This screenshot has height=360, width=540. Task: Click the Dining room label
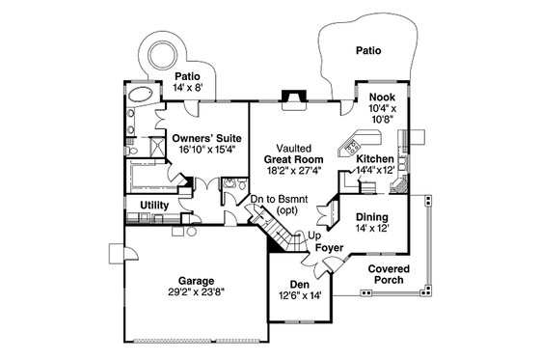tap(371, 218)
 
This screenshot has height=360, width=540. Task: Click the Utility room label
tap(155, 207)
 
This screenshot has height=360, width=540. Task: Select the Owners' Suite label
tap(201, 138)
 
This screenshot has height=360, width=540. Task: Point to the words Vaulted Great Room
tap(288, 151)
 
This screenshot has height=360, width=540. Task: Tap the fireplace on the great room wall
tap(288, 96)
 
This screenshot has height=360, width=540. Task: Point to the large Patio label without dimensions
tap(368, 48)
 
